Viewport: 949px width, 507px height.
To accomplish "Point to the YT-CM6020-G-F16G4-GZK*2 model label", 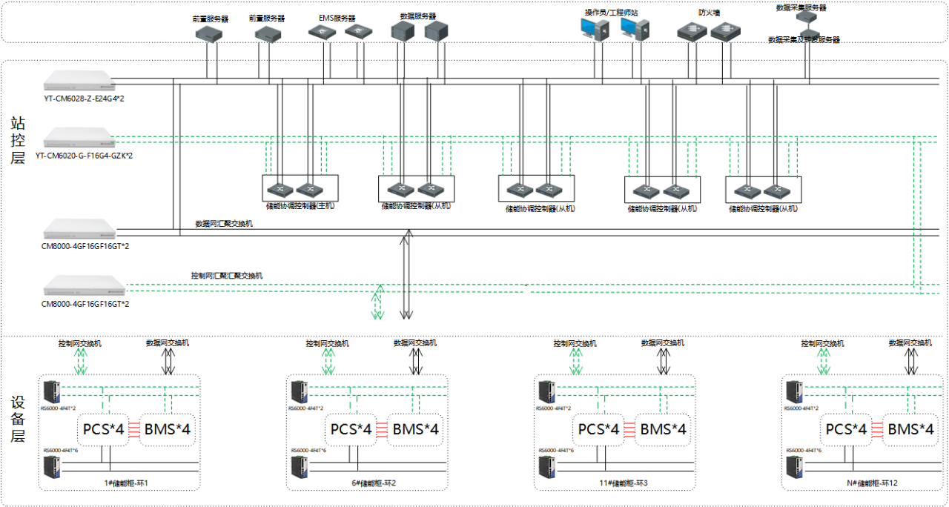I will [x=84, y=156].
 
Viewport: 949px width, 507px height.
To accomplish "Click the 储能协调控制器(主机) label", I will [x=300, y=206].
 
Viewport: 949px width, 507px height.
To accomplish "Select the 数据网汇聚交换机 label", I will [x=223, y=222].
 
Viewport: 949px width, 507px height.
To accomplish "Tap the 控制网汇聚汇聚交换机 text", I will [x=226, y=275].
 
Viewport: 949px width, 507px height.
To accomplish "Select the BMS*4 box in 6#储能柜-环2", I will [x=415, y=429].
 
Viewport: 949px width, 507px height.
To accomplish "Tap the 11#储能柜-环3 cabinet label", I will [x=615, y=483].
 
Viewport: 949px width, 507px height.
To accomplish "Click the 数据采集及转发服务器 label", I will [x=804, y=39].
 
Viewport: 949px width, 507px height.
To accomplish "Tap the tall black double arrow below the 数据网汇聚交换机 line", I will [x=406, y=274].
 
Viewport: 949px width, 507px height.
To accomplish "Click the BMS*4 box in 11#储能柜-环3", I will [x=663, y=429].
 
